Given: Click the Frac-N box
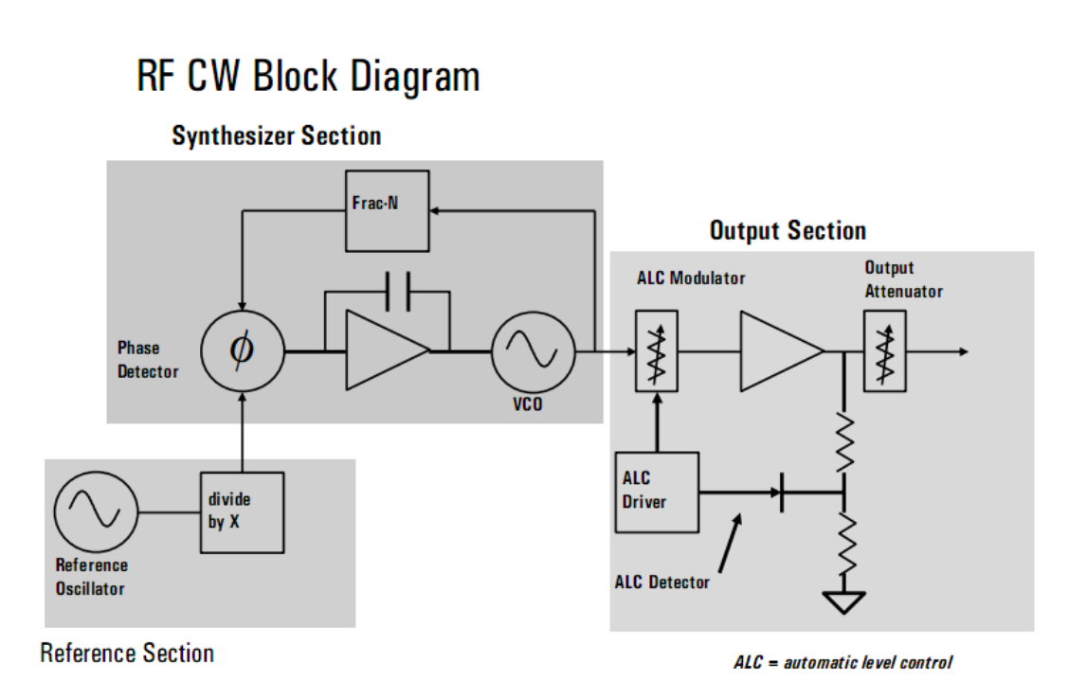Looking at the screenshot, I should click(387, 211).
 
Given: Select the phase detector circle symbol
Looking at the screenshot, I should click(242, 350).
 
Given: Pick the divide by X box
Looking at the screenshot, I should click(241, 512).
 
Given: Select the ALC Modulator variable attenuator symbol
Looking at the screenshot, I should click(655, 351).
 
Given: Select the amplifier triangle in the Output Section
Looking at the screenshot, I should click(779, 351).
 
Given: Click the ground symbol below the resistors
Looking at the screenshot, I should click(843, 601).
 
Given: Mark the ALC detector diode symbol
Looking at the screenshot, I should click(781, 493).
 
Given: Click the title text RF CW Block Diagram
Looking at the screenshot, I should click(308, 77).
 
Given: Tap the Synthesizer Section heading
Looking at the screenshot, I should click(276, 136).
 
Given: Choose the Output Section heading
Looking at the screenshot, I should click(788, 231).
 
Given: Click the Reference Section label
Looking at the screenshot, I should click(127, 654).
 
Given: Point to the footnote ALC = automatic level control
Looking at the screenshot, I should click(843, 662).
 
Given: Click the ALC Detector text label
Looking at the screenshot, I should click(661, 582).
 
